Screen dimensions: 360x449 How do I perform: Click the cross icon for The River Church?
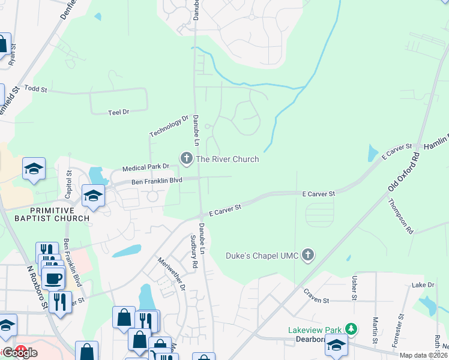[186, 158]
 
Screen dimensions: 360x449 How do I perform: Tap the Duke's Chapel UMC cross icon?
[308, 256]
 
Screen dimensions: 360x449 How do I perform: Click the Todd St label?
[36, 89]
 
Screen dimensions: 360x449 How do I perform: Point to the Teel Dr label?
[118, 112]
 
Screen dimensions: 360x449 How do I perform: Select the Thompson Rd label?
[400, 216]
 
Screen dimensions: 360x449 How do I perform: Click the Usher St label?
[354, 288]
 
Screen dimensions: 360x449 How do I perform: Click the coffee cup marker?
[53, 278]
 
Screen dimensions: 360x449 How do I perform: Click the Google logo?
[19, 353]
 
